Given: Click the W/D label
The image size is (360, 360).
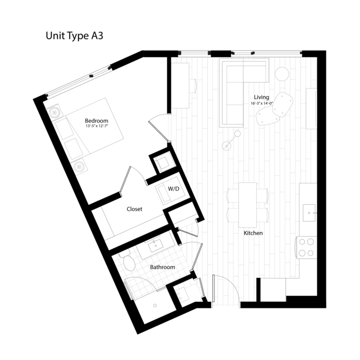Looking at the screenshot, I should point(174,190).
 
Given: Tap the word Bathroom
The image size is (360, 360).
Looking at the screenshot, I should point(162,267).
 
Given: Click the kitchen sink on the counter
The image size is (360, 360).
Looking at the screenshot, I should point(310,211).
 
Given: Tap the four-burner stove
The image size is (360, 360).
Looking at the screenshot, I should point(307,247).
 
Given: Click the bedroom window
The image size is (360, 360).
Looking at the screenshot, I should point(79,81).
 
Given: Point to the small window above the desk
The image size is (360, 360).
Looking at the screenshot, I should point(194,53).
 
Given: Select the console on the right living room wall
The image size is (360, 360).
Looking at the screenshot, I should point(311,108).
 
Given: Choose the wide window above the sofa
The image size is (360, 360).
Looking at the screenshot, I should point(265,53).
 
